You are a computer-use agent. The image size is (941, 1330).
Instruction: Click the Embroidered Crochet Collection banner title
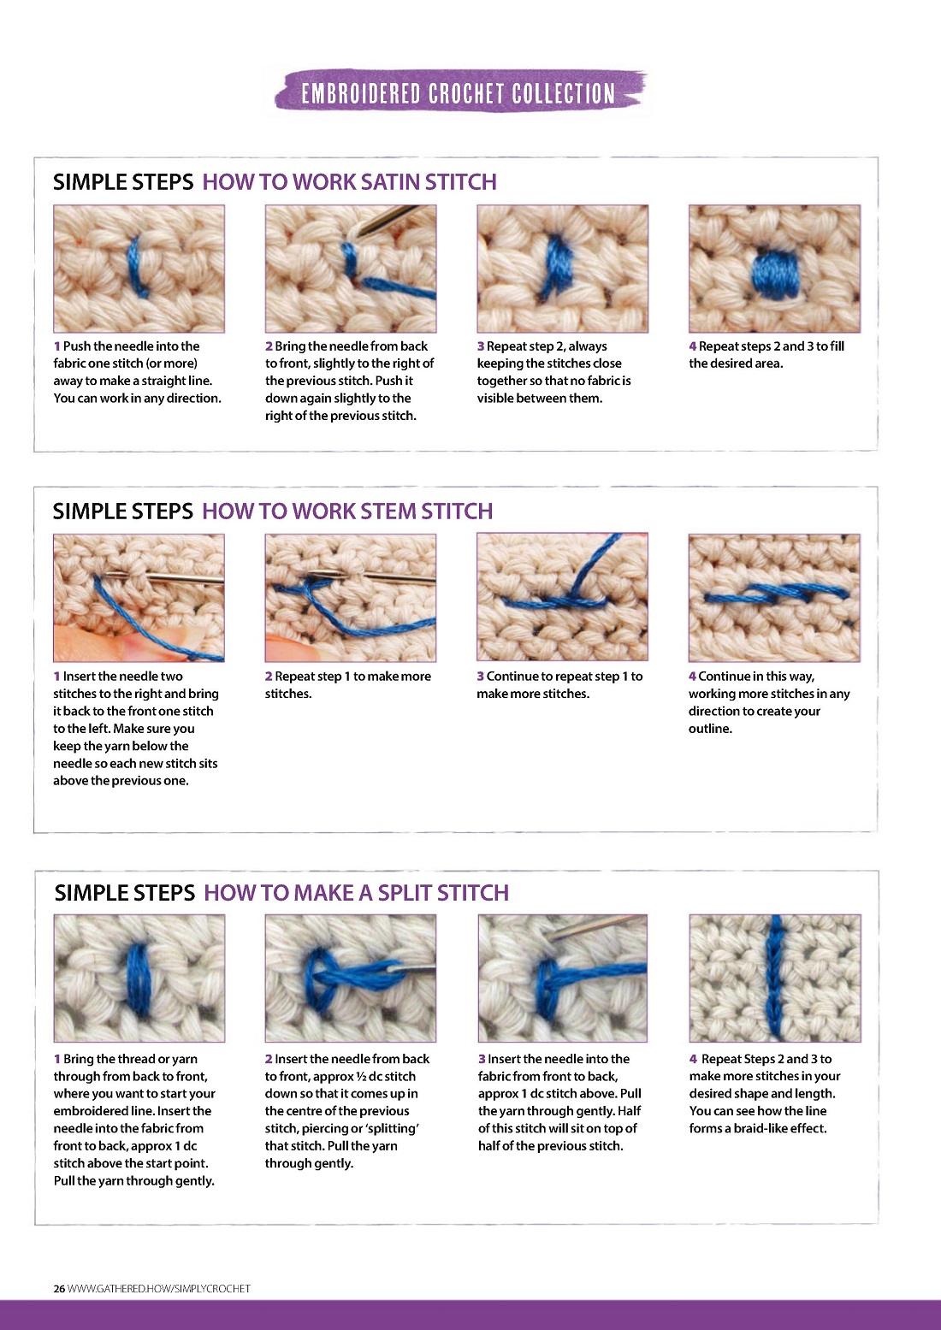click(x=458, y=93)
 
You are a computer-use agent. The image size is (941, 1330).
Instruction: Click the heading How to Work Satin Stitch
click(x=349, y=181)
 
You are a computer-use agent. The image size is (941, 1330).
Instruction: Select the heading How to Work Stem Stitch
click(x=347, y=511)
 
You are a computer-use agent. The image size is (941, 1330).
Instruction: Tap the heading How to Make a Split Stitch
click(x=356, y=893)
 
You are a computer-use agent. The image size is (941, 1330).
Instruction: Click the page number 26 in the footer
click(x=59, y=1288)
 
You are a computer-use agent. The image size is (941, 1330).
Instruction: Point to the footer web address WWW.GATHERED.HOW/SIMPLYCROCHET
click(x=158, y=1288)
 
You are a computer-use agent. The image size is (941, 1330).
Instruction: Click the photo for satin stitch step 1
click(x=139, y=269)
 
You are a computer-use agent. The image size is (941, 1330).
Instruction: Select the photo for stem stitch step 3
click(x=562, y=597)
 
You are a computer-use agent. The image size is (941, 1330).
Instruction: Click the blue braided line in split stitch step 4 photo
click(x=774, y=977)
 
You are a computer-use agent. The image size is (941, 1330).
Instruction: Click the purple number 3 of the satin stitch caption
click(x=480, y=346)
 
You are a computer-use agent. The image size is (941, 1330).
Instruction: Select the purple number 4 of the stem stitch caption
click(x=692, y=677)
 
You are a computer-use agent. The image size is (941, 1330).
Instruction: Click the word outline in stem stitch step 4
click(x=711, y=729)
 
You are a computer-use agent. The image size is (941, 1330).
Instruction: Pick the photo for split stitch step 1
click(x=139, y=978)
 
